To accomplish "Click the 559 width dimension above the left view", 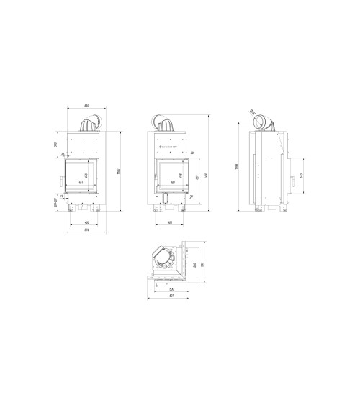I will point(86,105).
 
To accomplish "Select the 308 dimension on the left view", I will point(57,145).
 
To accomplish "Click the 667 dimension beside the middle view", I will point(197,178).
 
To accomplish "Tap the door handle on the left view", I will point(63,178).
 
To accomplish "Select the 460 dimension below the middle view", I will point(169,222).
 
